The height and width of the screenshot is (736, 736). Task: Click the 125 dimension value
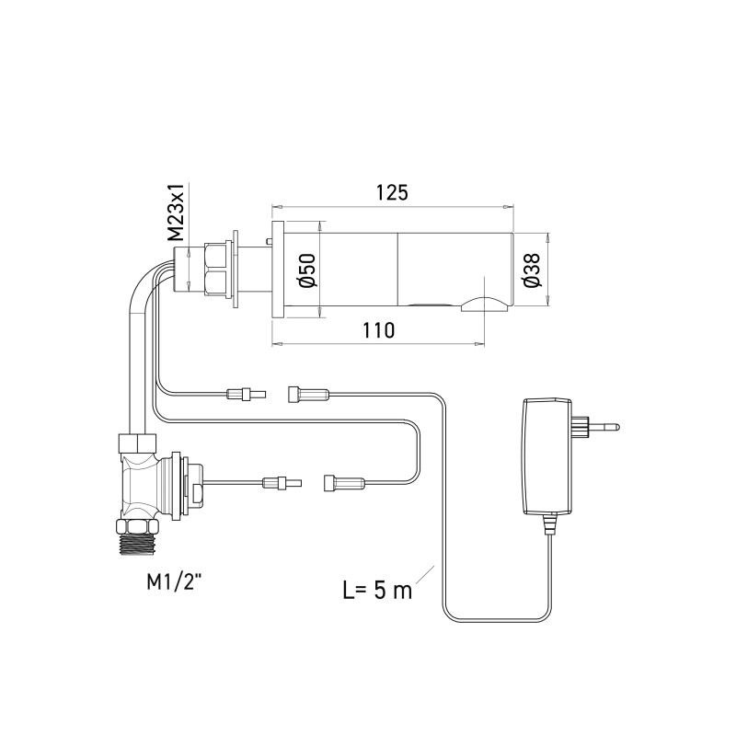click(392, 192)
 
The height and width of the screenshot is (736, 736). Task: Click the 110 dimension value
click(378, 330)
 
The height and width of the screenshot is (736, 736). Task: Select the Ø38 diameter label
click(532, 270)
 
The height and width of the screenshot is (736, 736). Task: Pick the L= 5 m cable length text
click(377, 590)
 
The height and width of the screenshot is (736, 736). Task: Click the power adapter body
click(547, 455)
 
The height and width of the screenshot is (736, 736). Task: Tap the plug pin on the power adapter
click(604, 427)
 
